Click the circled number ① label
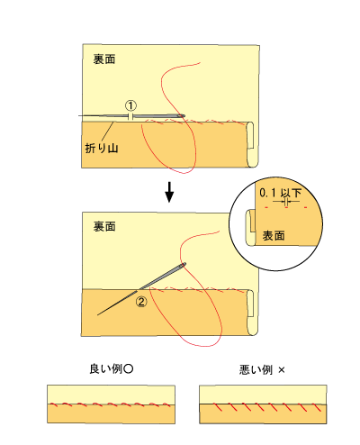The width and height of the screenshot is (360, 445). coord(130,105)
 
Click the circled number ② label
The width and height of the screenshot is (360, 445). coord(141,301)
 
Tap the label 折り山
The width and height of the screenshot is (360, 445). coord(102,148)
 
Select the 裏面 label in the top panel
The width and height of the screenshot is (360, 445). coord(104,59)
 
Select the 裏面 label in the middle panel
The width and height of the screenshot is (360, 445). coord(104,226)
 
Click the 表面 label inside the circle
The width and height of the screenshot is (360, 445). coord(274,236)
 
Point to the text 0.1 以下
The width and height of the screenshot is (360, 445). coord(280,193)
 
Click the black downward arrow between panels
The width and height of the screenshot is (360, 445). coord(169,192)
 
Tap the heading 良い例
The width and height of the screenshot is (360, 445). coord(105,369)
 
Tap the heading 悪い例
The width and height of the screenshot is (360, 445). coord(256,369)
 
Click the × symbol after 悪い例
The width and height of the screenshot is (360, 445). coord(281,370)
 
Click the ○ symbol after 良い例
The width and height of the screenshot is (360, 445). coord(128,369)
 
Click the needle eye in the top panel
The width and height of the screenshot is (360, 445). coord(180,115)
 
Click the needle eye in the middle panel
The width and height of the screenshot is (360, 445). coord(183,265)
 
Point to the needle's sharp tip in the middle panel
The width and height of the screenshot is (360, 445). coord(98,315)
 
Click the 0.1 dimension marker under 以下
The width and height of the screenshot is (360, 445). coord(286,202)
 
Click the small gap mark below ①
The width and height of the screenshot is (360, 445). coord(130,116)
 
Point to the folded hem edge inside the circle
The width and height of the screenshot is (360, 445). coord(250,228)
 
